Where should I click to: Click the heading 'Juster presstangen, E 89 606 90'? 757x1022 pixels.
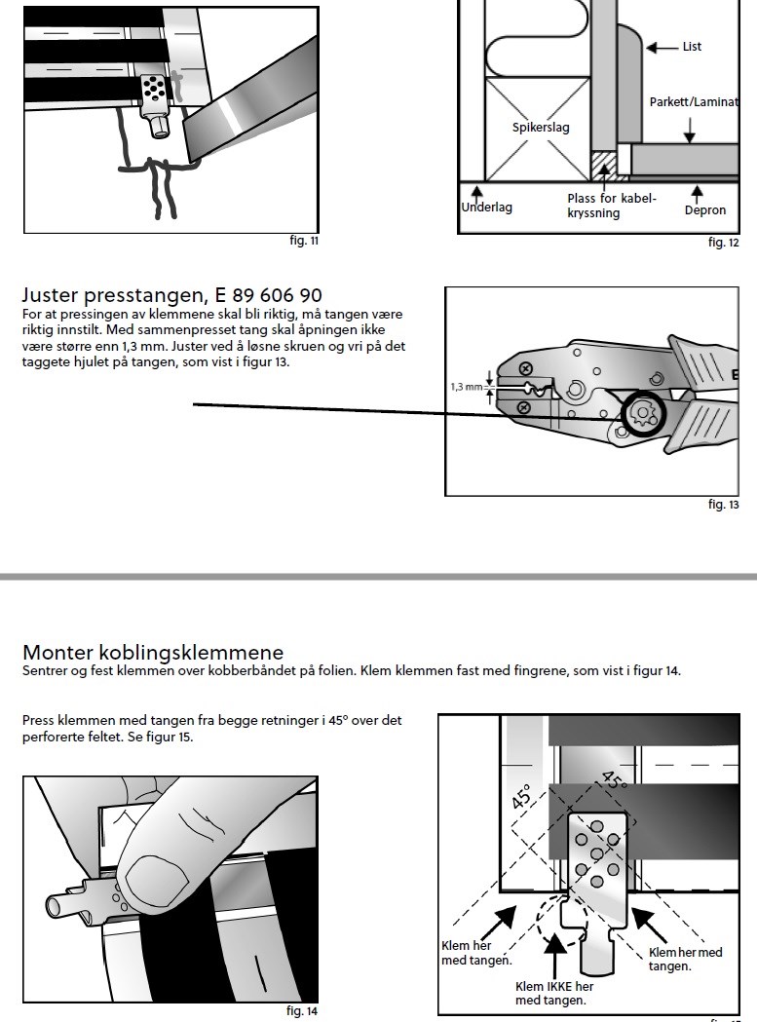172,295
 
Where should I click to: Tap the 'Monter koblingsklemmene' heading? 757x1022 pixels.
153,652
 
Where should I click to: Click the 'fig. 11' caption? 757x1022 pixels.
304,241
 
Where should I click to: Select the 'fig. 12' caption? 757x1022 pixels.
724,243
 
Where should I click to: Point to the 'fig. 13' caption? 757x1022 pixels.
724,505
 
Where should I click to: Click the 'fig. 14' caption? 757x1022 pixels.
302,1011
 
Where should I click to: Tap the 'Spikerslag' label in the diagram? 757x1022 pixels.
541,127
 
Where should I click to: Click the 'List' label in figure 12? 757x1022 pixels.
692,46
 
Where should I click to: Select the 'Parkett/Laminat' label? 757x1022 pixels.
694,101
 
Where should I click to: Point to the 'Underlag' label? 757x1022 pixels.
486,208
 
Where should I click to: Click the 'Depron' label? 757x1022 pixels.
704,209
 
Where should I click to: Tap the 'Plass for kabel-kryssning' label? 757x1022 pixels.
611,206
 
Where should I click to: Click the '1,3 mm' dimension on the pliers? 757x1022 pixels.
467,387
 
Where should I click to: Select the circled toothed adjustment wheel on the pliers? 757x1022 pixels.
644,413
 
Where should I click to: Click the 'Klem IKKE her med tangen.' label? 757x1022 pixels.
554,994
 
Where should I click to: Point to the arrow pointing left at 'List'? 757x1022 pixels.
662,47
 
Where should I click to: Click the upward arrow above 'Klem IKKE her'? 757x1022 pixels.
554,954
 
